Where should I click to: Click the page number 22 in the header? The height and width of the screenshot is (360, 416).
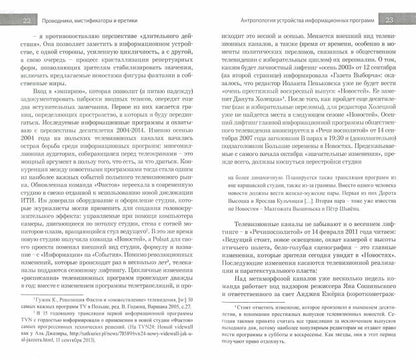[x=17, y=8]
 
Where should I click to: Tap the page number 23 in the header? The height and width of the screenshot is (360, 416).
[x=399, y=8]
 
